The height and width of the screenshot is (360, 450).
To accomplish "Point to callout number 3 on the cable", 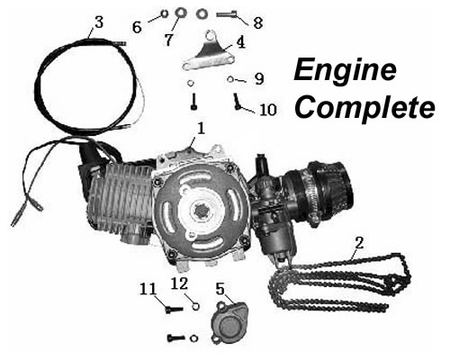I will (98, 20).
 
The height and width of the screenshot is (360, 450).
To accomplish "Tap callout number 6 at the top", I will (137, 28).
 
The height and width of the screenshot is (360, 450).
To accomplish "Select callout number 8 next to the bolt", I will (257, 21).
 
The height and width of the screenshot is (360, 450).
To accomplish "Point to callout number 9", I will (257, 78).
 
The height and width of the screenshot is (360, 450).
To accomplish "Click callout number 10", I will (268, 111).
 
